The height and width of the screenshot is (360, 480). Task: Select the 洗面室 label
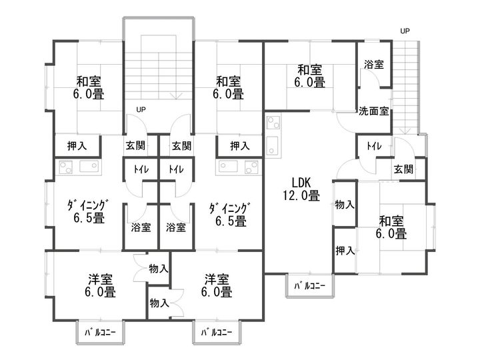click(x=373, y=111)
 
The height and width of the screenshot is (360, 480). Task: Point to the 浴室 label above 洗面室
click(x=373, y=65)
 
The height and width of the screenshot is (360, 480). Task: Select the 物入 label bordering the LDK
click(x=344, y=204)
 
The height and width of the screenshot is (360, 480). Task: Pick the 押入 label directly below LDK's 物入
click(x=344, y=251)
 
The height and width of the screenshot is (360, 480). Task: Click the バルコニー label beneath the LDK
click(x=309, y=286)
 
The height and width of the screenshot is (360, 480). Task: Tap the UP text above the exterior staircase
click(x=404, y=31)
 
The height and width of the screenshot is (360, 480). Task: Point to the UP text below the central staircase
click(x=141, y=109)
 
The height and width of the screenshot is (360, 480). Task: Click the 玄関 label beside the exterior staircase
click(x=402, y=169)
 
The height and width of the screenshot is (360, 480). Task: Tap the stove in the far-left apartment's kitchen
click(x=65, y=167)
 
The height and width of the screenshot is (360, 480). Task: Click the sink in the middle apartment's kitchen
click(x=251, y=167)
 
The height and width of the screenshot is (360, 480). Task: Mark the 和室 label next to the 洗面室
click(x=309, y=69)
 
